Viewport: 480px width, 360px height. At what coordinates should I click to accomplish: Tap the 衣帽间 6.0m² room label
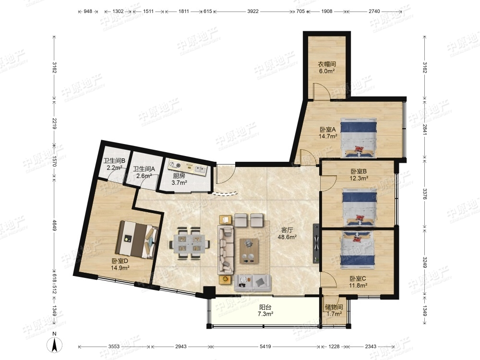[326, 68]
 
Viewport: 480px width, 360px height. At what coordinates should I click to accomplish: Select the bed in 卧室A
[359, 138]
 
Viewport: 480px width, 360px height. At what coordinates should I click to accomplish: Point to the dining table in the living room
[190, 243]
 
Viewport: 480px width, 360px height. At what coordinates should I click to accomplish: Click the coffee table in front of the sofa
[249, 251]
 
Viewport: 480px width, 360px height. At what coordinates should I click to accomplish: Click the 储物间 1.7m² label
[334, 311]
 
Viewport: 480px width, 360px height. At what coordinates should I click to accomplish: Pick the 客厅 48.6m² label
[287, 233]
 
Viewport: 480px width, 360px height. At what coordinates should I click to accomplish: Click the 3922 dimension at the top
[253, 12]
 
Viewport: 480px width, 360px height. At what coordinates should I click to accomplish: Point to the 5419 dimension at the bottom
[265, 347]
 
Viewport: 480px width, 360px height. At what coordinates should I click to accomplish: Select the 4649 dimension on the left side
[54, 225]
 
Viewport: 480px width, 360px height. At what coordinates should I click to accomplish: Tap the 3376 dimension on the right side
[425, 194]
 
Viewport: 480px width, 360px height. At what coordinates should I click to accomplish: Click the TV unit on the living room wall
[316, 243]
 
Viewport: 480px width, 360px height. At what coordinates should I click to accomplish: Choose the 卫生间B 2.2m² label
[114, 164]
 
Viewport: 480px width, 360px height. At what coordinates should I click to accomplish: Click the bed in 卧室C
[358, 250]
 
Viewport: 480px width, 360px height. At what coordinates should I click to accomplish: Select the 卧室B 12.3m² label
[359, 175]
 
